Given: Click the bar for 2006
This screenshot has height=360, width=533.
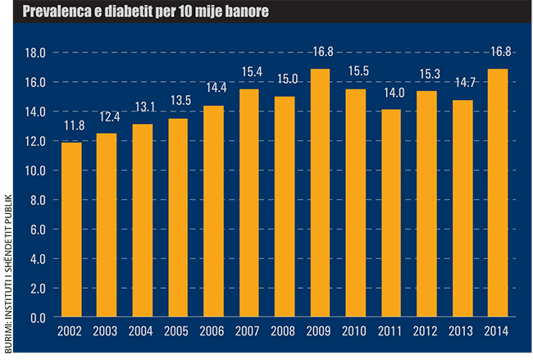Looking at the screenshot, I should (213, 211).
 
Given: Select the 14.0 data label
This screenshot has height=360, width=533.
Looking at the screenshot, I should (390, 94).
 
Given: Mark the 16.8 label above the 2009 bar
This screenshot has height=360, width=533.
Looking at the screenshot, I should (320, 53).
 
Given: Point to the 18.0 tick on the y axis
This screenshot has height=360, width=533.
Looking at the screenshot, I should (35, 52).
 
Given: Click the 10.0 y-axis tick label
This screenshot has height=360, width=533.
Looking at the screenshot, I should (35, 171).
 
